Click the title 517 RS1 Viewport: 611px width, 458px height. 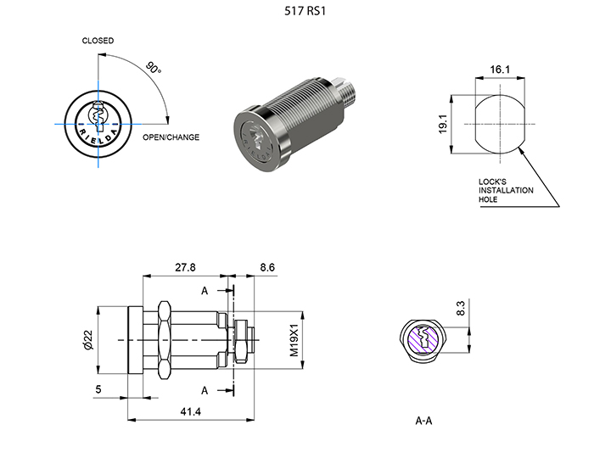(x=305, y=13)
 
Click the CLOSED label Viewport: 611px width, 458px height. (x=98, y=41)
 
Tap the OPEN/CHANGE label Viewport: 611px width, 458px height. (x=171, y=137)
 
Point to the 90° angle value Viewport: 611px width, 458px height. (x=153, y=68)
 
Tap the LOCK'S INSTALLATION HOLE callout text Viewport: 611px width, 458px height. (x=506, y=191)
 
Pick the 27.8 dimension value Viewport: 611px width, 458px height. (x=185, y=267)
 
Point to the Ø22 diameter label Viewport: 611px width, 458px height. (x=99, y=340)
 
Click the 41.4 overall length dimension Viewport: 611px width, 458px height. (x=191, y=411)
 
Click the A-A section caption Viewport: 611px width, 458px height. (x=424, y=421)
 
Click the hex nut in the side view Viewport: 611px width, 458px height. (x=160, y=339)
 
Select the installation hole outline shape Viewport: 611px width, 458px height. (x=498, y=125)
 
